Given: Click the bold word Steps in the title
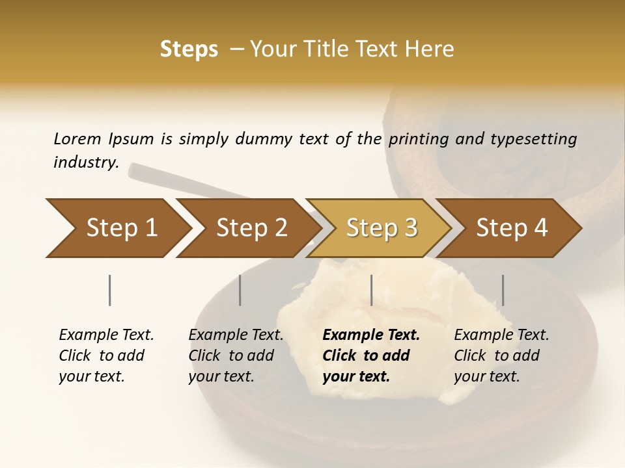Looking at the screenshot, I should click(189, 49).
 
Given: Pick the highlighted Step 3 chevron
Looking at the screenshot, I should click(381, 228).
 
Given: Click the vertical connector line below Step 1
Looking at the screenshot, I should click(109, 290).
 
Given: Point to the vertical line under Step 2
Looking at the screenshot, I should click(240, 290).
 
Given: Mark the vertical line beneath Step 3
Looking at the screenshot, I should click(371, 290).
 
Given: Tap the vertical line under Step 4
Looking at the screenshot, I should click(503, 290).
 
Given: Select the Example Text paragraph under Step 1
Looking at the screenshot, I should click(106, 356).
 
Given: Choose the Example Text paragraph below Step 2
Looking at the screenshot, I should click(236, 356).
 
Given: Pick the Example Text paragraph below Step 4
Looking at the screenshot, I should click(501, 356).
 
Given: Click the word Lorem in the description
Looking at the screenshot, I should click(77, 139).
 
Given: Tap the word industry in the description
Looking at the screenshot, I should click(85, 162).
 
